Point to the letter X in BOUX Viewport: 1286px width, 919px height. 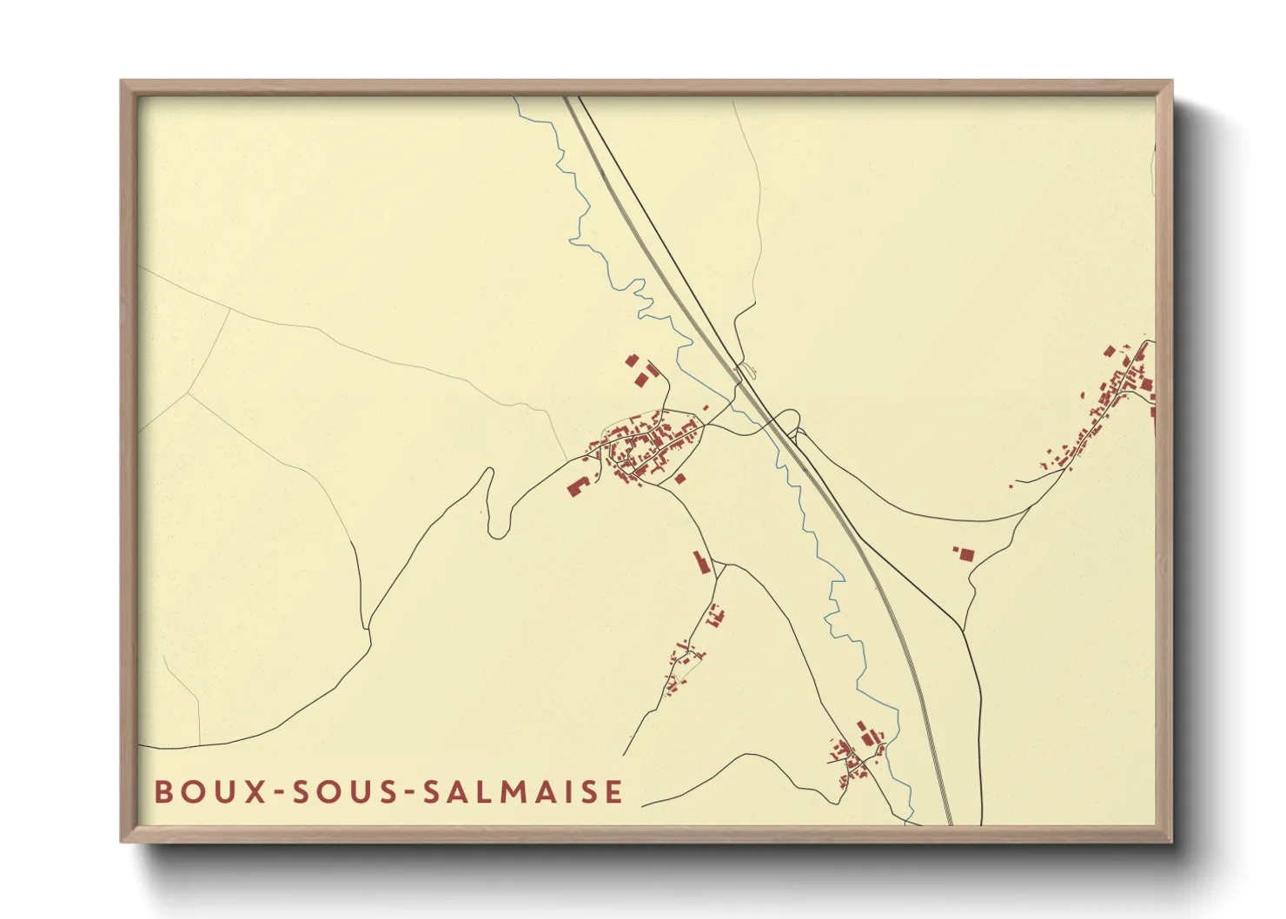(256, 791)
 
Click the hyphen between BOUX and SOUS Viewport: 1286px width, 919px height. (279, 792)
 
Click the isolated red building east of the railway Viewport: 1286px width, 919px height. (964, 552)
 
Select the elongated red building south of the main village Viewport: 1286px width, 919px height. (702, 562)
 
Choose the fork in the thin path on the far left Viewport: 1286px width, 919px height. (189, 393)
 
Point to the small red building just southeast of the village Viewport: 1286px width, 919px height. (679, 478)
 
